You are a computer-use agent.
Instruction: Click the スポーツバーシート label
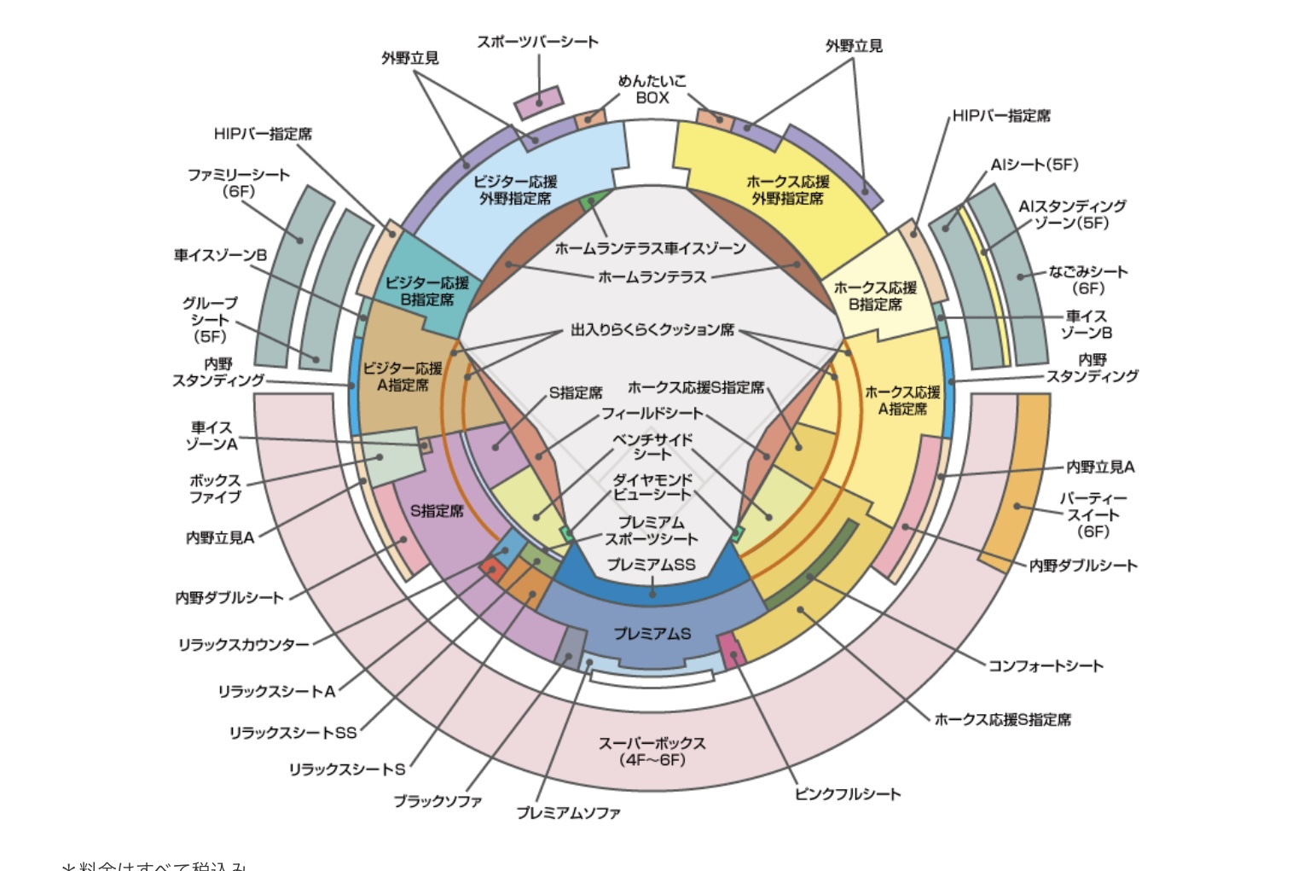[x=537, y=42]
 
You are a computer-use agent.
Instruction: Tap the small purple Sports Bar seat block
[x=539, y=102]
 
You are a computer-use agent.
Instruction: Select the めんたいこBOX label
[x=652, y=90]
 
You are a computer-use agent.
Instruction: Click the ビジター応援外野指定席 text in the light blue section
[x=515, y=190]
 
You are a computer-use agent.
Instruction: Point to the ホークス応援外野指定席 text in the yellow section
[x=787, y=190]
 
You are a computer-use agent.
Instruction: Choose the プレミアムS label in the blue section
[x=652, y=634]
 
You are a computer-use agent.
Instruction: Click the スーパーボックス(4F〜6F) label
[x=652, y=752]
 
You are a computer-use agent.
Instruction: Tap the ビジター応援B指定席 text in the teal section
[x=426, y=291]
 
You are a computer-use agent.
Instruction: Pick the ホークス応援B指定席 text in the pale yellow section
[x=875, y=296]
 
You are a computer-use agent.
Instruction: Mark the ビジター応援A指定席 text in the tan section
[x=403, y=376]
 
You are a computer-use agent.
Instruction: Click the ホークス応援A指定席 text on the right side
[x=902, y=400]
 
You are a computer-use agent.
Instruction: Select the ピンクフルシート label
[x=848, y=794]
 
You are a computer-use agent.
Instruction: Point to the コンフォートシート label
[x=1046, y=665]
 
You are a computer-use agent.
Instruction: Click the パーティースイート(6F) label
[x=1093, y=514]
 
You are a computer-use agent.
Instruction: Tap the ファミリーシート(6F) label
[x=239, y=183]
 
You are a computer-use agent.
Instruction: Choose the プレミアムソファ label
[x=568, y=813]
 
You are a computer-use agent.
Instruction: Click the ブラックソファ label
[x=438, y=801]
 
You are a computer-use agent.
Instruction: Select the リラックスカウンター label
[x=243, y=645]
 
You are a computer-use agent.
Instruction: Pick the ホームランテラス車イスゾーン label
[x=650, y=248]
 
